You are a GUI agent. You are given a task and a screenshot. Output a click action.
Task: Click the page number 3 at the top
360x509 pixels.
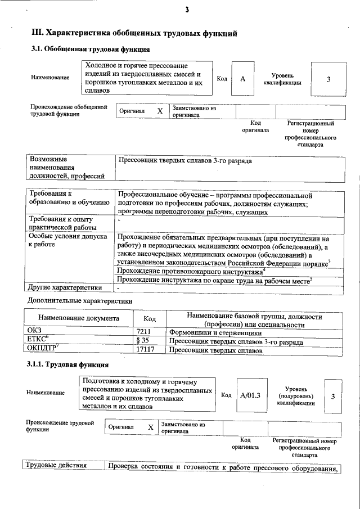[186, 10]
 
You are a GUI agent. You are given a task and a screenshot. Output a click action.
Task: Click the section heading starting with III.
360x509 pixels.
[133, 33]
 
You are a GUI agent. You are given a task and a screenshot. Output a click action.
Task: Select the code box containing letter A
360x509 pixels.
[243, 79]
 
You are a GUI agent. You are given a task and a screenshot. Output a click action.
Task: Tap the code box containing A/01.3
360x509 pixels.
[250, 396]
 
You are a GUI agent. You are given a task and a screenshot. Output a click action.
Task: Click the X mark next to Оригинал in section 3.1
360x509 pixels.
[160, 111]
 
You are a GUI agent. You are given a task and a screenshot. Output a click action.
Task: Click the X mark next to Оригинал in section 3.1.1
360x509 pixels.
[150, 427]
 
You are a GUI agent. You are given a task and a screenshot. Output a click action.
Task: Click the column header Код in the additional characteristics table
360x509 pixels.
[150, 319]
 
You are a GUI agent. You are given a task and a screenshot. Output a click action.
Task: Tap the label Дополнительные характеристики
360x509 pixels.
[80, 301]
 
